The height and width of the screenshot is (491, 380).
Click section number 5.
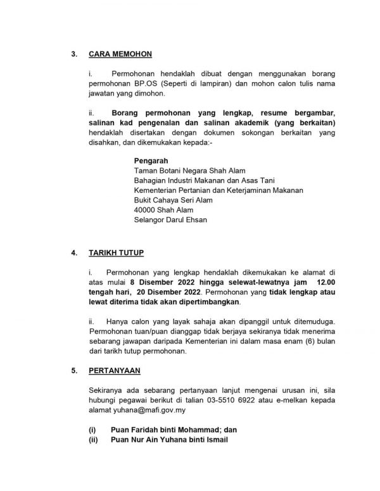pos(73,370)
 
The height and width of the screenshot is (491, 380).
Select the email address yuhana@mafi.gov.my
pos(143,412)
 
